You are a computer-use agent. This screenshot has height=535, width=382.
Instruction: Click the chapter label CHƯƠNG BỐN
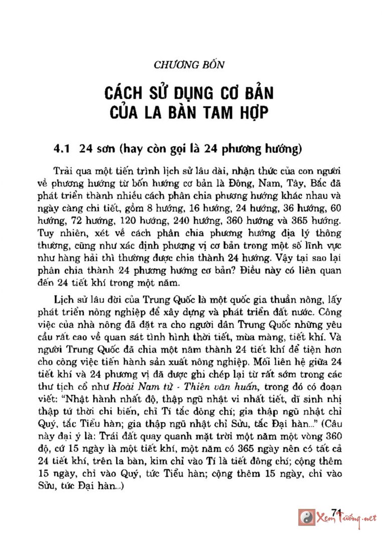tap(189, 65)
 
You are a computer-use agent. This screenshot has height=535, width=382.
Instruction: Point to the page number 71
tap(336, 511)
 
